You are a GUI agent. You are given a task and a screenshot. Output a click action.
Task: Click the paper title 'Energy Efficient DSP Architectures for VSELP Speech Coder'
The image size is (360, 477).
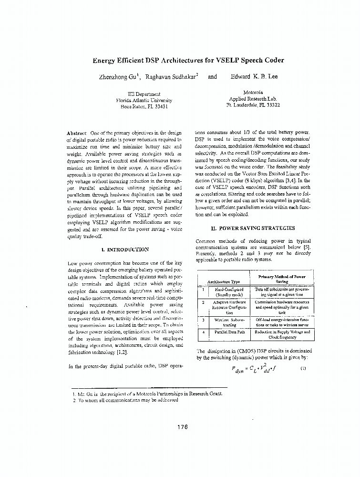pos(188,60)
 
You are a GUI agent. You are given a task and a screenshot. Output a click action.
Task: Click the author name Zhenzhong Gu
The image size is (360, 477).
pos(115,76)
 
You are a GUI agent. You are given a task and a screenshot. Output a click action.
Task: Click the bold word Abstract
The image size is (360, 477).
pos(76,132)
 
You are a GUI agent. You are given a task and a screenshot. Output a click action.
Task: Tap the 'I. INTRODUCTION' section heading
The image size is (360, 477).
pos(125,249)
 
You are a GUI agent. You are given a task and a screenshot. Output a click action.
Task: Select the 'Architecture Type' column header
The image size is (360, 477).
pos(223,282)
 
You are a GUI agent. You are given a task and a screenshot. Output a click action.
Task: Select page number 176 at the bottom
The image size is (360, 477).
pos(182,427)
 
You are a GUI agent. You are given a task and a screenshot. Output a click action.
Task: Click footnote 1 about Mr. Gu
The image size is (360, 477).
pos(147,394)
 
